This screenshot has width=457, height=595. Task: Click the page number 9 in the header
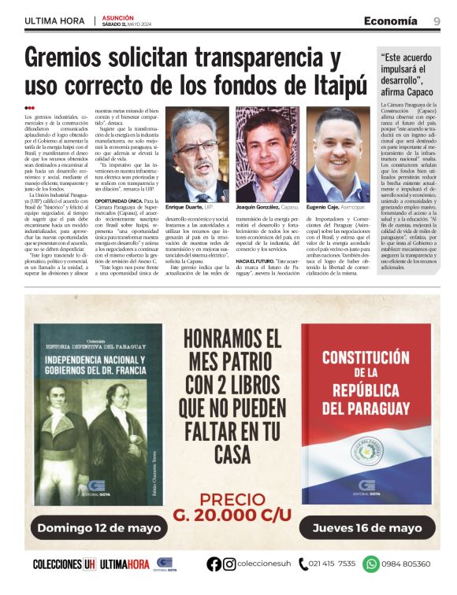click(x=437, y=20)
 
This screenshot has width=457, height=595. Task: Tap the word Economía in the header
click(x=390, y=20)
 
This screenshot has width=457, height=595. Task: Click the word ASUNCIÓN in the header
click(x=116, y=17)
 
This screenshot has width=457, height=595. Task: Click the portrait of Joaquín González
click(x=268, y=155)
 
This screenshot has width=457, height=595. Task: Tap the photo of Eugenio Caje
click(x=337, y=155)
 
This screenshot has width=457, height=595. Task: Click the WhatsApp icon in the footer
click(x=371, y=564)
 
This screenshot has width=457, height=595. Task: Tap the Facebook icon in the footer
click(x=214, y=564)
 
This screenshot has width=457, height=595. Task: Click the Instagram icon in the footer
click(x=229, y=564)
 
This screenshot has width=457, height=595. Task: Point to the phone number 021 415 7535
click(x=332, y=564)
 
